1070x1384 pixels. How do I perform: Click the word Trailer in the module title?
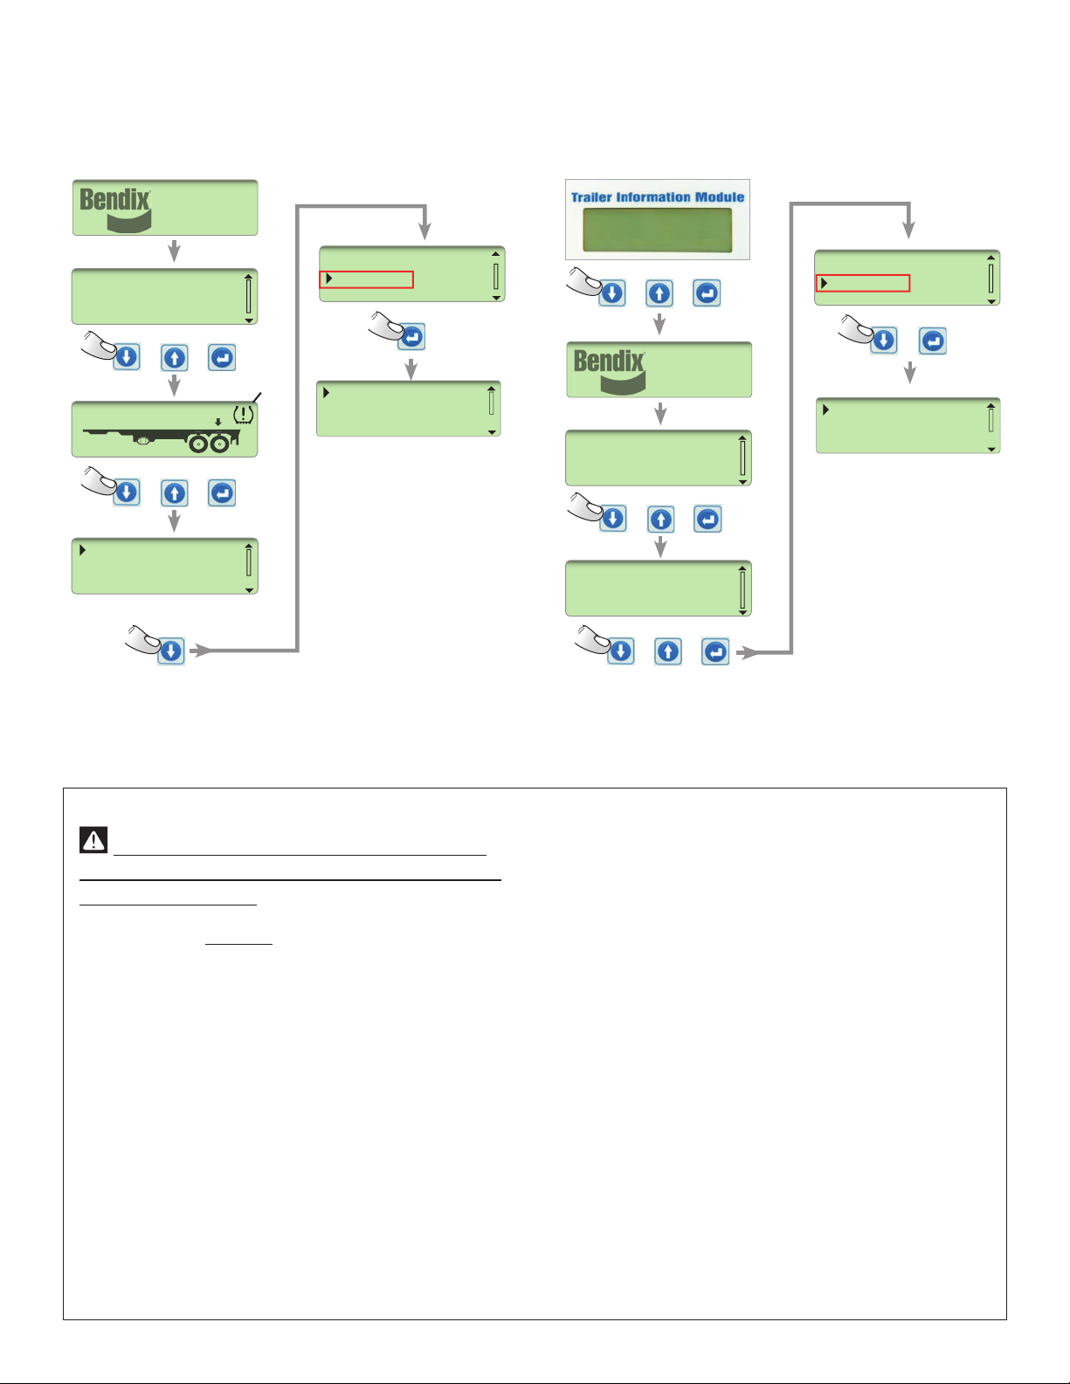[591, 197]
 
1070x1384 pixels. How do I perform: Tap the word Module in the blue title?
[720, 197]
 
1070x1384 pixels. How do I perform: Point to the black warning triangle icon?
[93, 840]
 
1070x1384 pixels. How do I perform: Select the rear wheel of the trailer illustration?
[219, 444]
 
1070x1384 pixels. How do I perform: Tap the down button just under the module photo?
[612, 293]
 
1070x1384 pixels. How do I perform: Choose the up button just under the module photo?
[659, 293]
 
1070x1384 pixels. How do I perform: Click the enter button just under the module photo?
[707, 293]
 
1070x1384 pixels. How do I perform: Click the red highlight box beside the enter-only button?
[367, 279]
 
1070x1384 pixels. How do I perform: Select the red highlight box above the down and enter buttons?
[863, 283]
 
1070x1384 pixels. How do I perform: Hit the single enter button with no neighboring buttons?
[412, 336]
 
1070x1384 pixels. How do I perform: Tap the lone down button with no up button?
[171, 651]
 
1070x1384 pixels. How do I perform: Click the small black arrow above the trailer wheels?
[217, 422]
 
